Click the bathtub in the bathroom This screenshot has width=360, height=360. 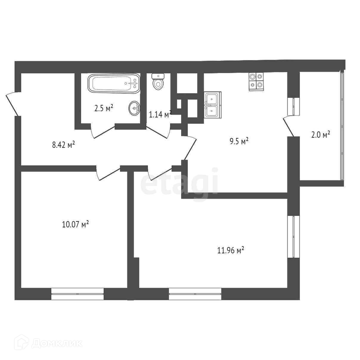pyautogui.click(x=114, y=83)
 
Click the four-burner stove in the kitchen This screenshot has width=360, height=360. pyautogui.click(x=256, y=82)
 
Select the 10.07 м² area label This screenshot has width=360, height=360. pyautogui.click(x=75, y=224)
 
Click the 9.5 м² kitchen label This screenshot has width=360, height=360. pyautogui.click(x=239, y=141)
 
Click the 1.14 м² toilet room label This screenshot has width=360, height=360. pyautogui.click(x=160, y=114)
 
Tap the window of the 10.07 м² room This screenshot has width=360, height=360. pyautogui.click(x=77, y=294)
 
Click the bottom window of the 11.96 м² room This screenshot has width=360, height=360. pyautogui.click(x=195, y=294)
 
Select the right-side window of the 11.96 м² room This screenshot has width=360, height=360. pyautogui.click(x=294, y=236)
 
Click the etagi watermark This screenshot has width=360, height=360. pyautogui.click(x=179, y=182)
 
